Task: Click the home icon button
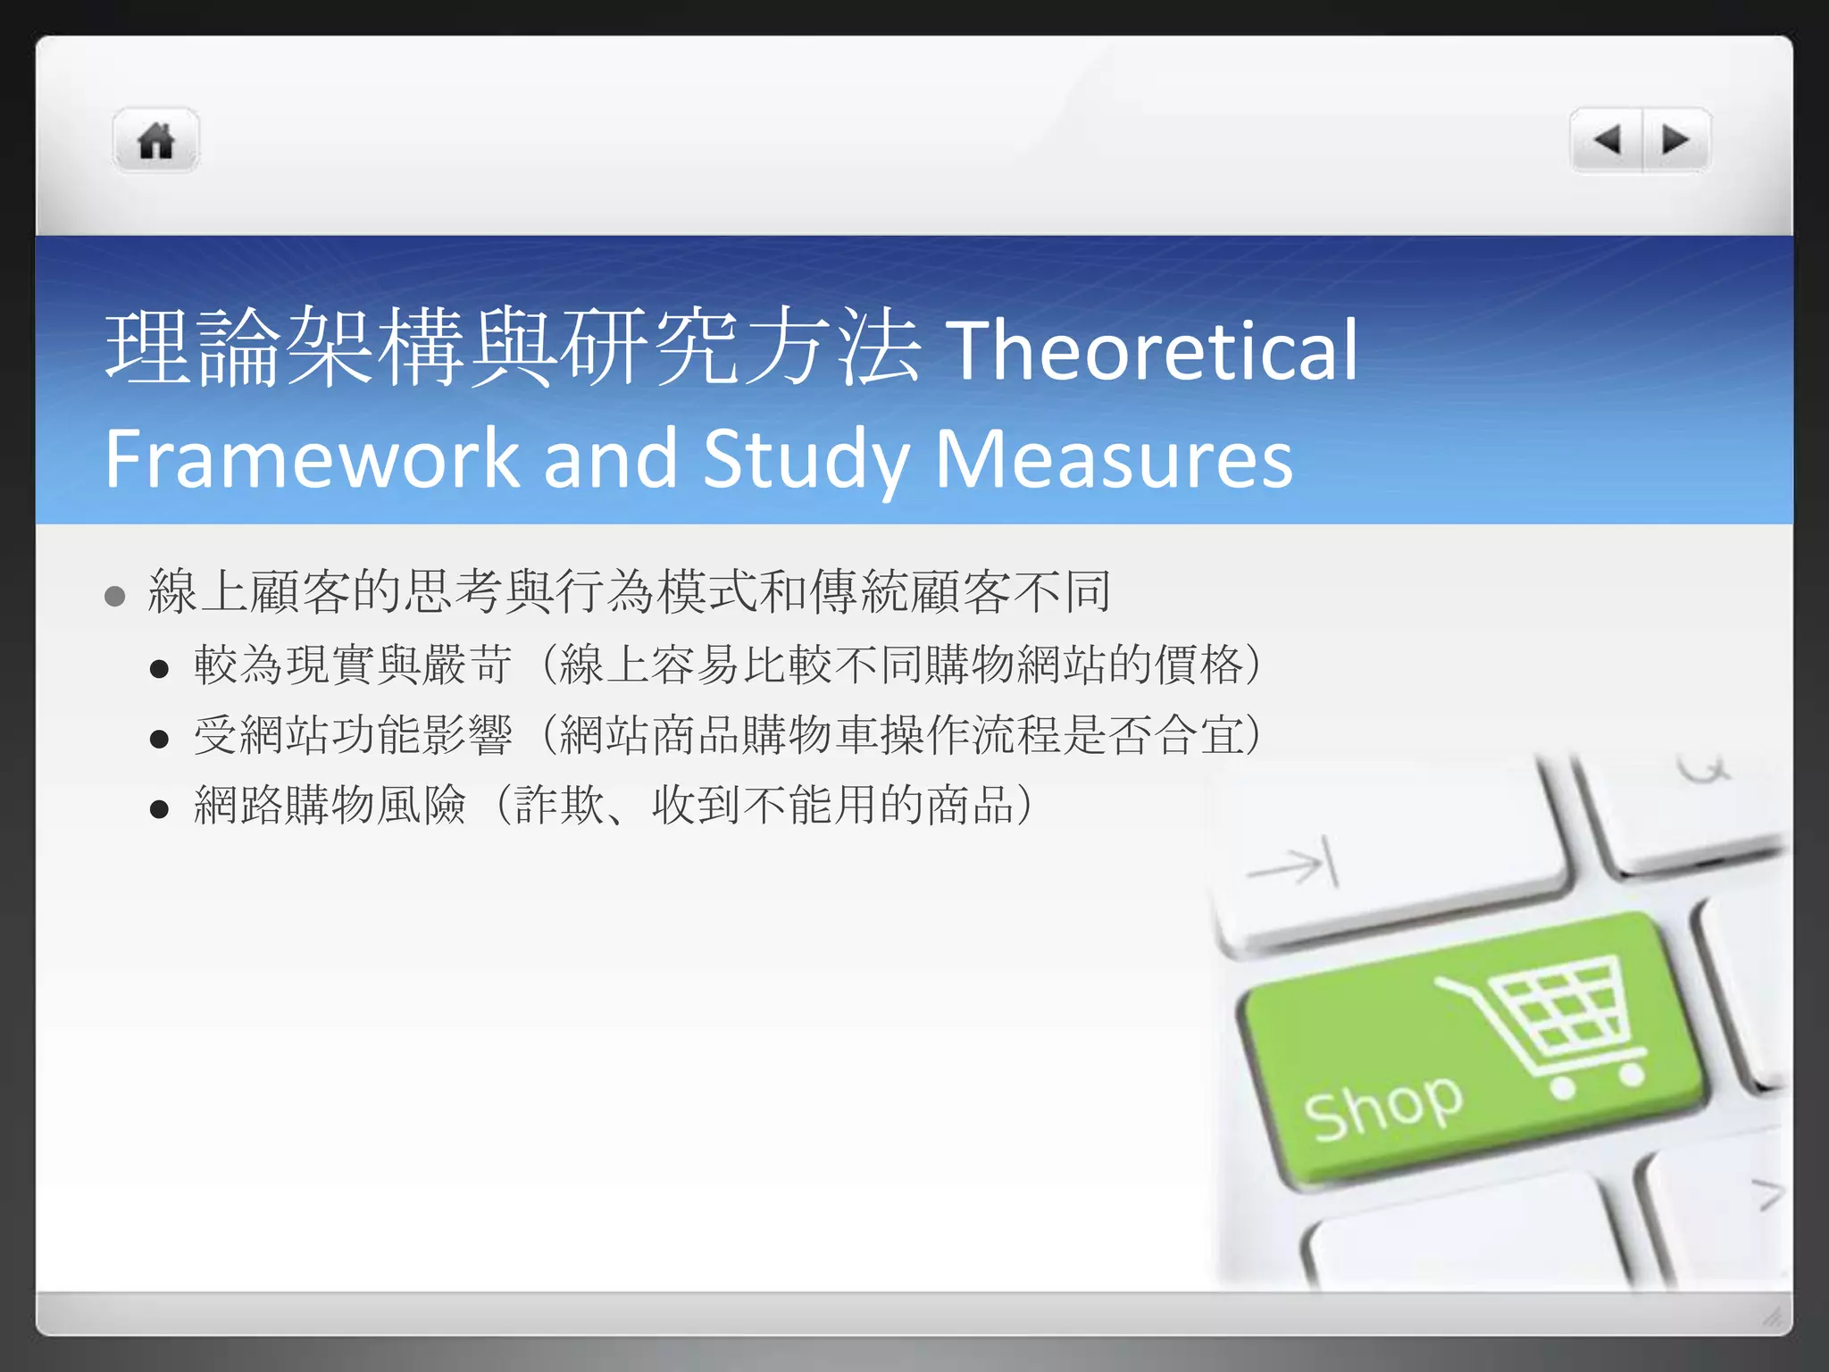[x=155, y=141]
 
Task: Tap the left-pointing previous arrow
[x=1608, y=140]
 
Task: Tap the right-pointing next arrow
[x=1675, y=140]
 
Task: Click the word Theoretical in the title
[x=1152, y=350]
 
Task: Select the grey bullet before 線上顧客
[x=114, y=596]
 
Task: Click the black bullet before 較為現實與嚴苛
[x=160, y=669]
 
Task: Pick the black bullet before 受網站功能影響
[x=160, y=740]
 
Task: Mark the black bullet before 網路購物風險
[x=160, y=809]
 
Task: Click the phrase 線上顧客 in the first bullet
[x=250, y=591]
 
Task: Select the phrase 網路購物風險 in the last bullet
[x=330, y=805]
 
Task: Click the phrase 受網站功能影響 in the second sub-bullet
[x=354, y=735]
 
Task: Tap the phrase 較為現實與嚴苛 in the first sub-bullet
[x=354, y=665]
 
